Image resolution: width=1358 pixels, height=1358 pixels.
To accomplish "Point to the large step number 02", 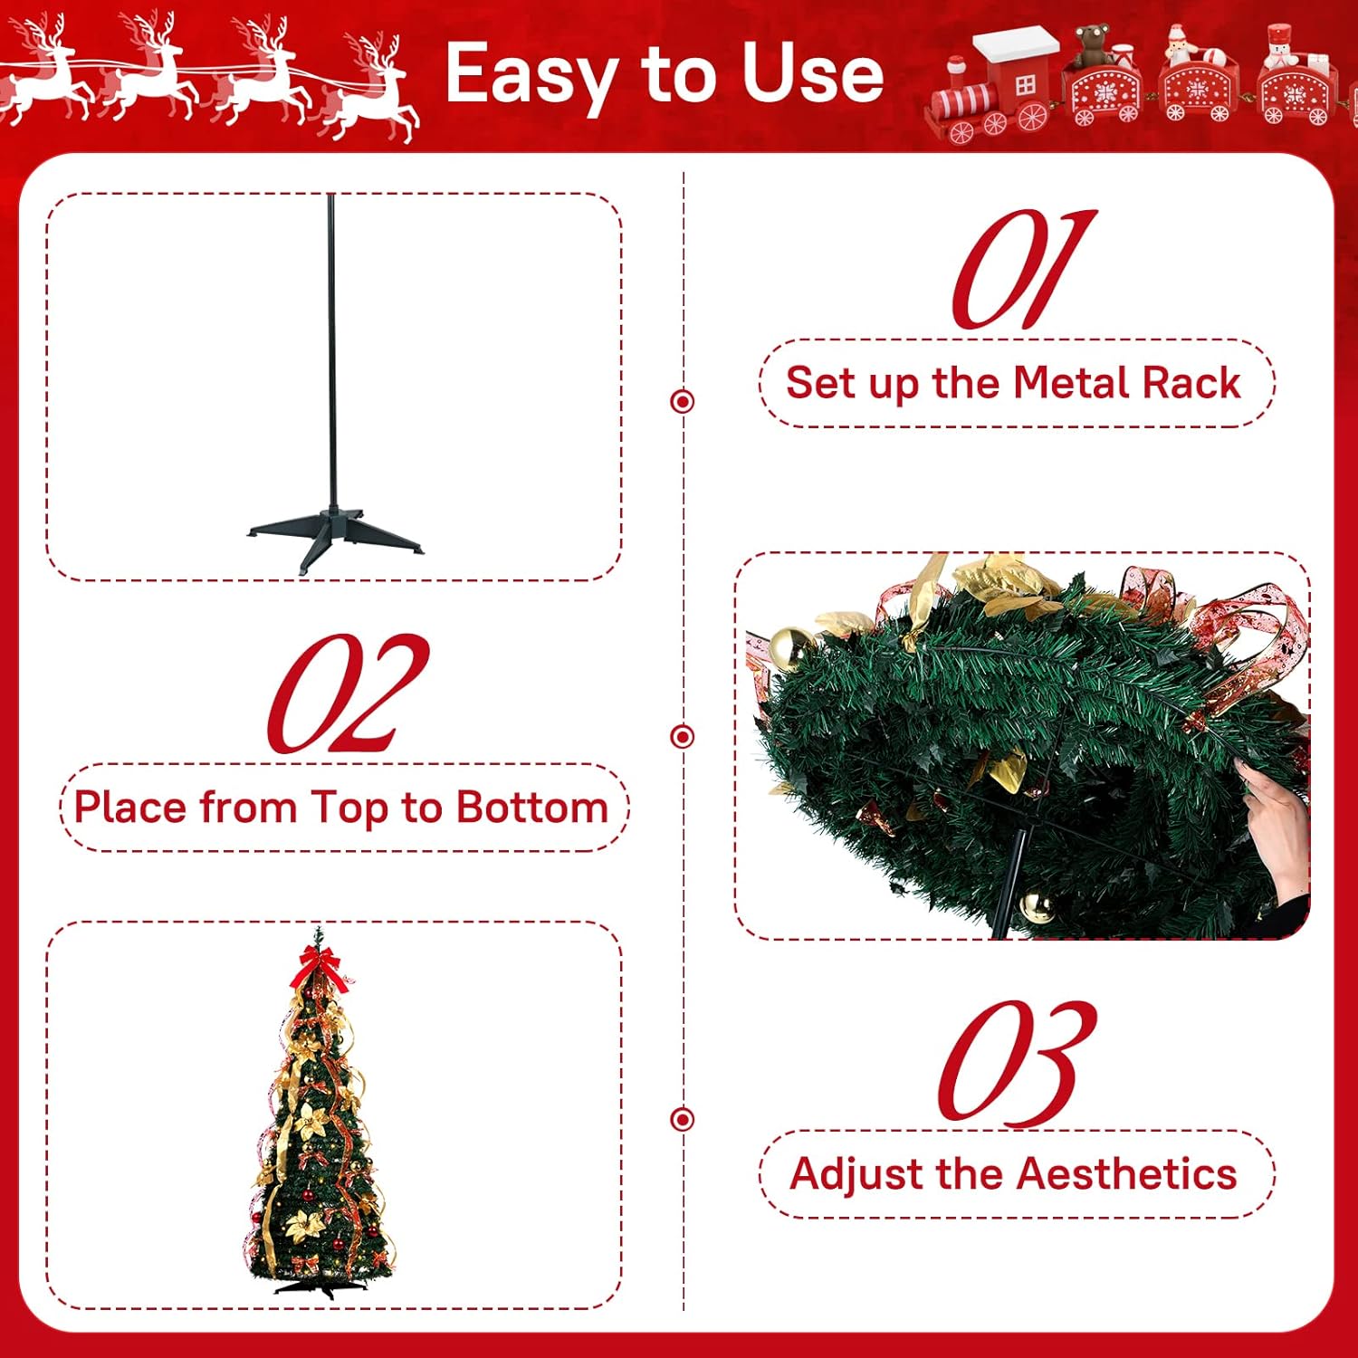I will click(347, 694).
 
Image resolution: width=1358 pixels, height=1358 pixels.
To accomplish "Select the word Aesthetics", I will click(1126, 1174).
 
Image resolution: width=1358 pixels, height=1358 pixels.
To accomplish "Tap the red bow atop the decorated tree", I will click(317, 965).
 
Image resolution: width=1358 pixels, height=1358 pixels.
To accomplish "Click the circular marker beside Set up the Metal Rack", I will click(683, 401).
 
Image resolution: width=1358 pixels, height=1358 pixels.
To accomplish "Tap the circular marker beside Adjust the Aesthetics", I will click(683, 1119).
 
